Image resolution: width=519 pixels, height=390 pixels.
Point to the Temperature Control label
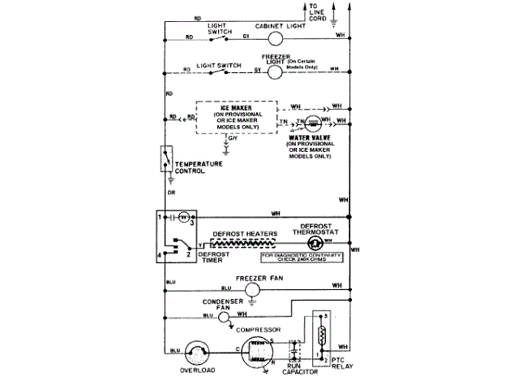[x=199, y=167]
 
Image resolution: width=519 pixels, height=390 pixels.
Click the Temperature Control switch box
[x=166, y=159]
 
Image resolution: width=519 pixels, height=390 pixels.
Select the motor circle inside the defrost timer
[x=183, y=217]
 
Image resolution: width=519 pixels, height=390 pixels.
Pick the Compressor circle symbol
[x=258, y=350]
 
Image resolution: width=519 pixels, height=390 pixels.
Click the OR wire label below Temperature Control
[x=171, y=193]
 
